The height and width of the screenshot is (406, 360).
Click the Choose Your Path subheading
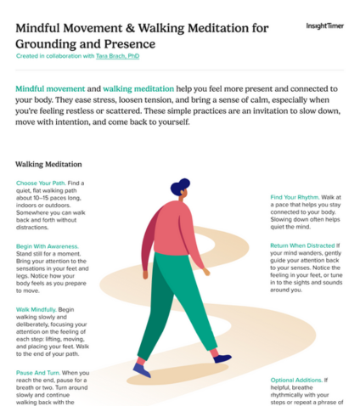40,183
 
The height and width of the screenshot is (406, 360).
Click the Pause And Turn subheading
37,372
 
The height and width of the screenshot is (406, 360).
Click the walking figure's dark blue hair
180,188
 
